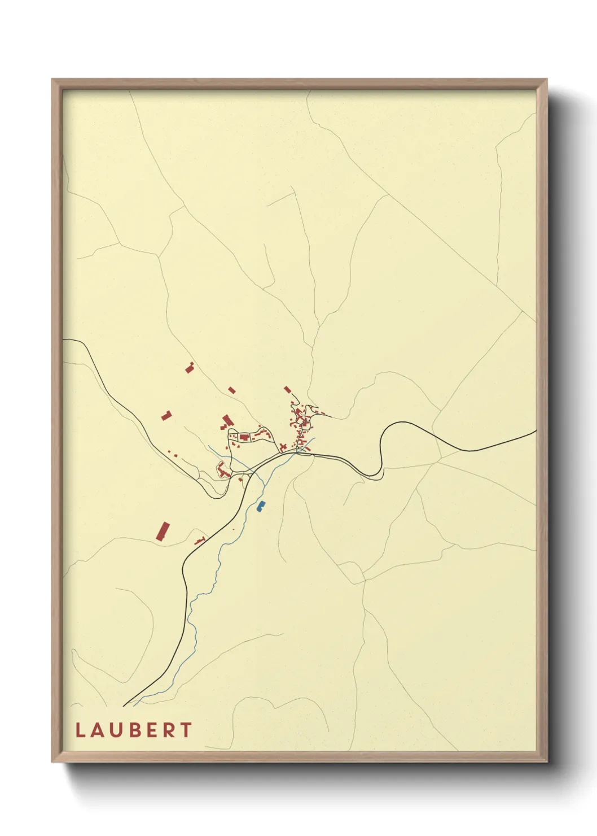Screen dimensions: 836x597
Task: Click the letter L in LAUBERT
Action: click(80, 730)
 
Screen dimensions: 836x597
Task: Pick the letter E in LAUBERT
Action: click(151, 730)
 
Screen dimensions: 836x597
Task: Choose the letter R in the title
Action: click(169, 730)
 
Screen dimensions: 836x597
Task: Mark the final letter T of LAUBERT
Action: click(186, 730)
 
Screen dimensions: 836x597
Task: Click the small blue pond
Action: click(261, 506)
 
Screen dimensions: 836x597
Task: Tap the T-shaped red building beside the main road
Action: click(199, 541)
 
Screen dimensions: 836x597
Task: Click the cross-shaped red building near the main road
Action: click(282, 448)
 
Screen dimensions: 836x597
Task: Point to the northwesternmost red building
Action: click(190, 368)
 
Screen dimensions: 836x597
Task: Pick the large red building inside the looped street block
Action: click(244, 437)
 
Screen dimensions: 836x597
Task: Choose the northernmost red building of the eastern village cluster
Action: click(287, 389)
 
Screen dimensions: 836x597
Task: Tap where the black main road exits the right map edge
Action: click(535, 432)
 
